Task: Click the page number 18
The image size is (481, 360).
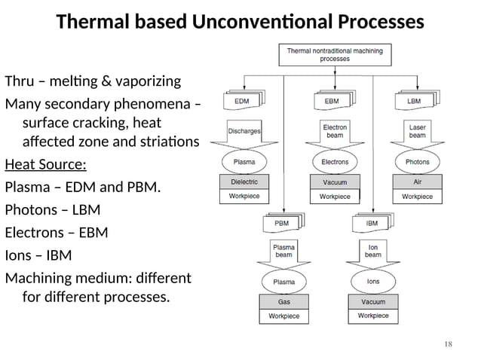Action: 449,344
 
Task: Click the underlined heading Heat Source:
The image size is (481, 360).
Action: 45,164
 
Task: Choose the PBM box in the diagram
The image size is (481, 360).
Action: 280,223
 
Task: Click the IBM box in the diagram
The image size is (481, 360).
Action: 371,223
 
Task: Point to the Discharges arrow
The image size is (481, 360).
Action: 244,131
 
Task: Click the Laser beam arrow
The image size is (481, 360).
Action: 417,131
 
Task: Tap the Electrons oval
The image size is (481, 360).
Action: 335,162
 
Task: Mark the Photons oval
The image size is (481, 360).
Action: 417,162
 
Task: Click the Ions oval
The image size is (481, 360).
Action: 373,282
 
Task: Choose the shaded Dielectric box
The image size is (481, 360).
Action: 243,182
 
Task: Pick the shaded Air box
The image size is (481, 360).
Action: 417,182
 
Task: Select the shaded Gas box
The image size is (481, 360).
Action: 283,302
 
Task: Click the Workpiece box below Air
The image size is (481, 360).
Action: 417,197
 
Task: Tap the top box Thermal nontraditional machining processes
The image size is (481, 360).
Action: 335,54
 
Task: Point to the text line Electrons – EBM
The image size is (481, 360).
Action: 57,232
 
